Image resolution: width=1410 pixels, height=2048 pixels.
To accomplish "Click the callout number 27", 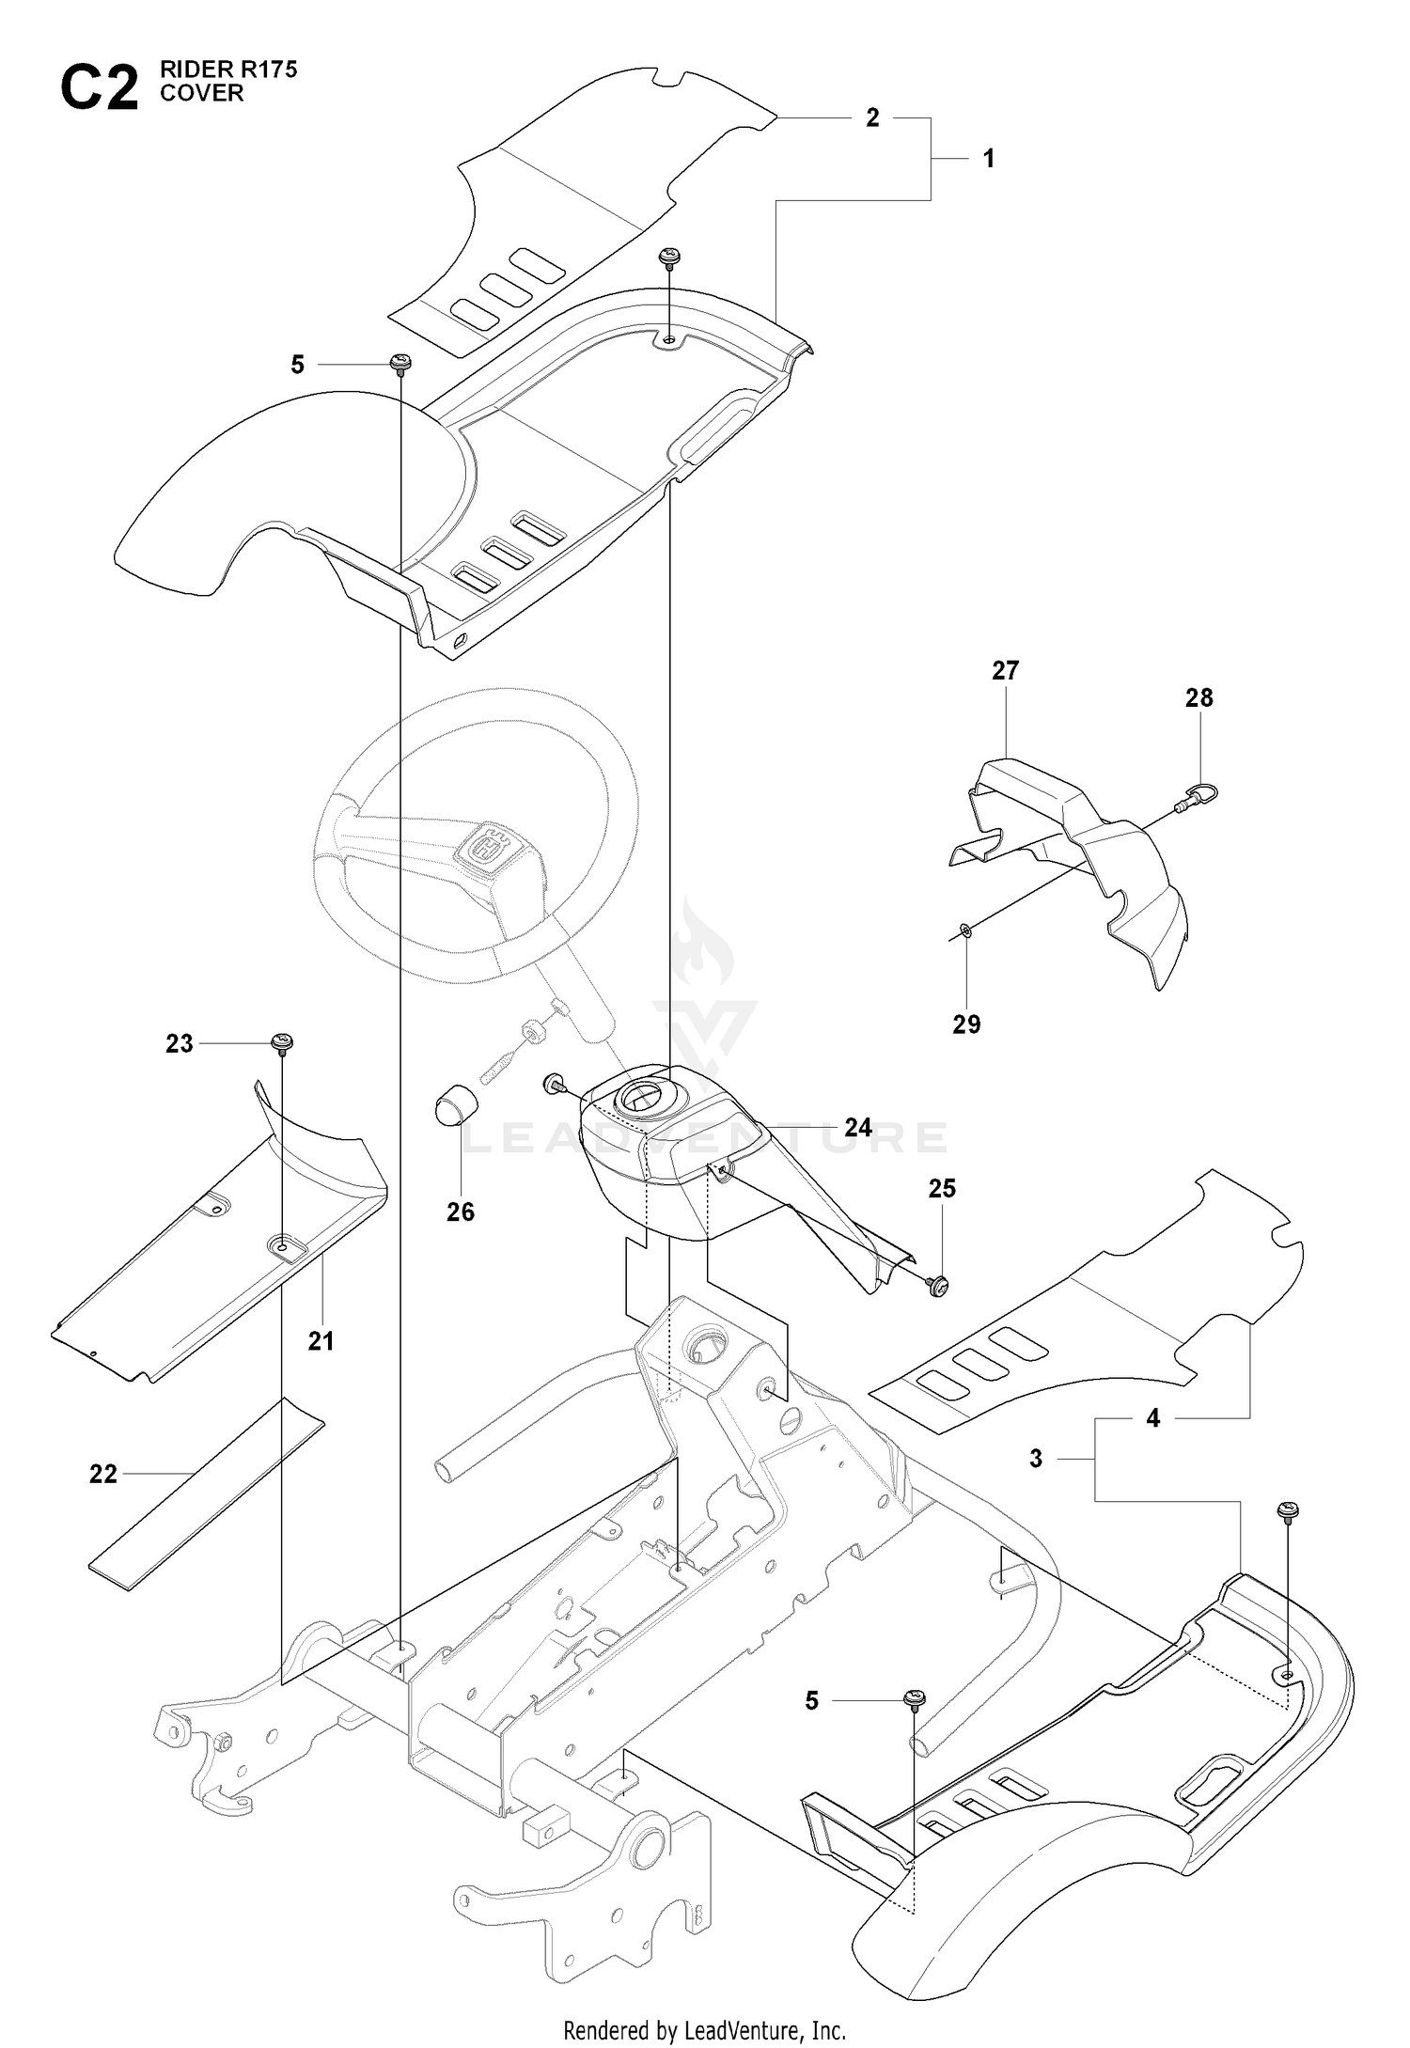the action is [x=1005, y=670].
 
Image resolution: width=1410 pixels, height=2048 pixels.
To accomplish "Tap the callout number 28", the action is [x=1199, y=697].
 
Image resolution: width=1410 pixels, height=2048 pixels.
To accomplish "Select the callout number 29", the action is [x=966, y=1024].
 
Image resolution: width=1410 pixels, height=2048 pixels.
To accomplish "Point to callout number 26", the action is [x=461, y=1212].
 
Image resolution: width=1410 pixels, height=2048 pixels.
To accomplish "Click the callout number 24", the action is [x=858, y=1127].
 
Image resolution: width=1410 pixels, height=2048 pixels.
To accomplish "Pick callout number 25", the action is [x=942, y=1189].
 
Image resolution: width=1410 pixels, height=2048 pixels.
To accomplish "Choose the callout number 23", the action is [x=180, y=1043].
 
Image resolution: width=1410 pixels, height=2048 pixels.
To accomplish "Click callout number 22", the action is [x=103, y=1475].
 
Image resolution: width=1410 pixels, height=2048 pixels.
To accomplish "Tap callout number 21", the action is [x=321, y=1341].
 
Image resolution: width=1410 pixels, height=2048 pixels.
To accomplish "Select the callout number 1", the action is [x=989, y=159].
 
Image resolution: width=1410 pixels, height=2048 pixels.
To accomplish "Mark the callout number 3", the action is [x=1036, y=1459].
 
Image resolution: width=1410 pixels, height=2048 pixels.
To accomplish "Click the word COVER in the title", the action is [x=202, y=93].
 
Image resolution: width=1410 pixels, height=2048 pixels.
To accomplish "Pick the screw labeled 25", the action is [x=937, y=1284].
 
